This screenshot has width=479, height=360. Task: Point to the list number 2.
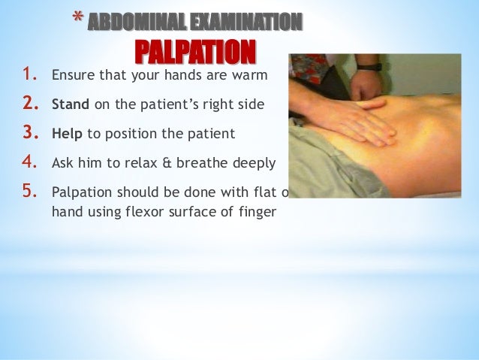coord(30,104)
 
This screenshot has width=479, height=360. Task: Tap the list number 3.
coord(30,133)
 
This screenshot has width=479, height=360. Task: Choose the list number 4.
coord(30,162)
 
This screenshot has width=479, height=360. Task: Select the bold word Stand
coord(70,104)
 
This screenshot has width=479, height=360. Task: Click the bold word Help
coord(67,134)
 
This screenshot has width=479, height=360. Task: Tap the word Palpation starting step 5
coord(80,192)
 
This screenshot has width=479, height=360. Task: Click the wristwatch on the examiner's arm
coord(369,67)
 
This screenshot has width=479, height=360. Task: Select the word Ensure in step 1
coord(70,76)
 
